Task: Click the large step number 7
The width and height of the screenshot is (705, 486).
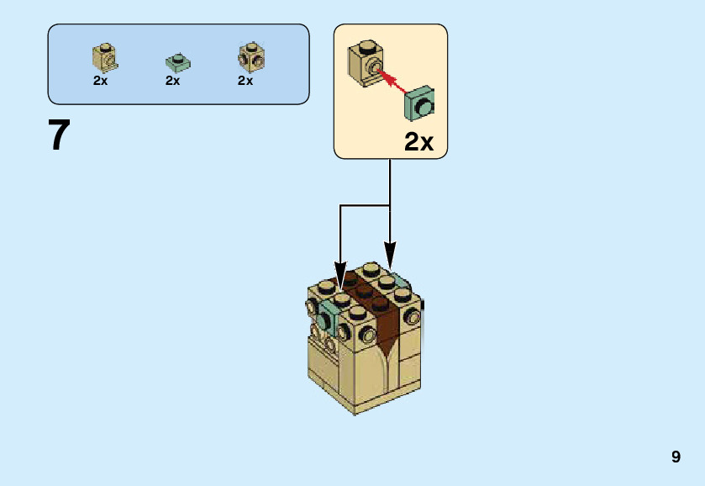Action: point(59,135)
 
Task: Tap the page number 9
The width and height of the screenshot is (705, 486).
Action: point(676,457)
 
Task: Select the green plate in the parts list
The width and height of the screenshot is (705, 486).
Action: point(177,62)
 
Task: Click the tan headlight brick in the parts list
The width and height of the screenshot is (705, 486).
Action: point(105,55)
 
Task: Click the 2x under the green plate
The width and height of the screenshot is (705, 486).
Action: point(173,82)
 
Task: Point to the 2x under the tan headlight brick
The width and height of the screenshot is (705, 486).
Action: point(101,82)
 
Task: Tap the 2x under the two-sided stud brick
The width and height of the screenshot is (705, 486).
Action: point(245,82)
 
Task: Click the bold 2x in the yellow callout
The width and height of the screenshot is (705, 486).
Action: point(418,142)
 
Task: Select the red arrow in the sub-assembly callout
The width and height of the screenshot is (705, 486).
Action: point(395,82)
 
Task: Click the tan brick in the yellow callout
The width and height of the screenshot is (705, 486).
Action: point(366,61)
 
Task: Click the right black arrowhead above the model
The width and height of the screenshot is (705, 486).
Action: point(390,252)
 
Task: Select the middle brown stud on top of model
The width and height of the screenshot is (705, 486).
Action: point(365,290)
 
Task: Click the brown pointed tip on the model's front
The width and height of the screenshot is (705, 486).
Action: point(386,346)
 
